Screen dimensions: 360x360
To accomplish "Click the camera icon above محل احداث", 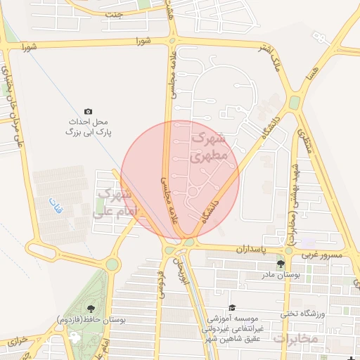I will [88, 111].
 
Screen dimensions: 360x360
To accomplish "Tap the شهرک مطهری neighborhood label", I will [209, 146].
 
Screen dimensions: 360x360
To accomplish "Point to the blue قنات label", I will [56, 206].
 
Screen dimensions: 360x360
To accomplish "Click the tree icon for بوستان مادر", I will [281, 264].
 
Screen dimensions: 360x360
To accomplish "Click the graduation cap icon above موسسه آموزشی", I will [232, 308].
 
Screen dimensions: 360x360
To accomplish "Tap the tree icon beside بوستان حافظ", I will [90, 308].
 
